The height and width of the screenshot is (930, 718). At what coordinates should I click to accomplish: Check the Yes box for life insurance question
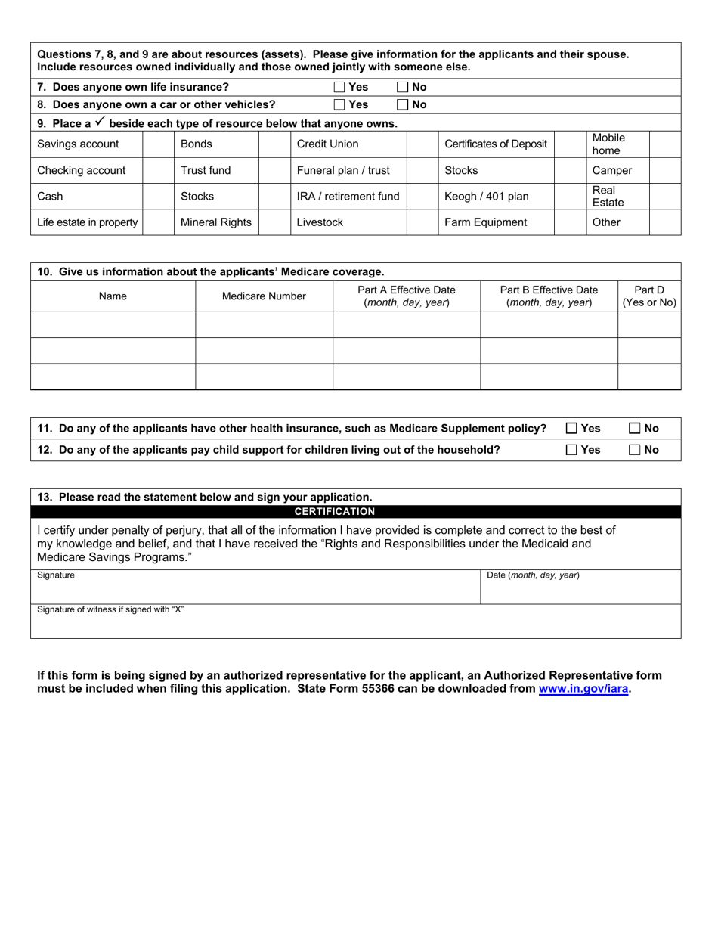[x=339, y=87]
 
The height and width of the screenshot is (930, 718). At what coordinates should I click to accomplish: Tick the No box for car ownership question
[x=403, y=105]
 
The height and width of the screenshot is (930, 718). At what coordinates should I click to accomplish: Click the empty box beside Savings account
[x=158, y=144]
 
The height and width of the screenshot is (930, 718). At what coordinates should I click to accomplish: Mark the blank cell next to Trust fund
[x=274, y=171]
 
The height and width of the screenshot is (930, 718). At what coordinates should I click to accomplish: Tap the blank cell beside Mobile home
[x=664, y=144]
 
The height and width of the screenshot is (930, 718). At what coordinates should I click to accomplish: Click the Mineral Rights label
[x=215, y=222]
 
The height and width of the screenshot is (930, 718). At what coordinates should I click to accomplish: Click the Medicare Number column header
[x=264, y=296]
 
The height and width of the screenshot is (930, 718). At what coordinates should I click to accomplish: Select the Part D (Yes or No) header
[x=648, y=296]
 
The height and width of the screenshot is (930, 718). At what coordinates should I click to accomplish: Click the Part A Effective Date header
[x=406, y=296]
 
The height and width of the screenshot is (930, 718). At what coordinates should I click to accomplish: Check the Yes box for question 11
[x=571, y=429]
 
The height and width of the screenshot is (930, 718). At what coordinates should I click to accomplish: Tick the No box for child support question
[x=635, y=450]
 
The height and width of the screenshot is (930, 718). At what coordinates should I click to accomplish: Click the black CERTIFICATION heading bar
[x=355, y=512]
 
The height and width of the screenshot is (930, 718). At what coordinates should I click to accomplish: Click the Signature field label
[x=56, y=575]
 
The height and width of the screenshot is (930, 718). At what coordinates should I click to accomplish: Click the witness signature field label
[x=110, y=609]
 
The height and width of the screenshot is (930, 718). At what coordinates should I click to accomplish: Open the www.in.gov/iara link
[x=583, y=689]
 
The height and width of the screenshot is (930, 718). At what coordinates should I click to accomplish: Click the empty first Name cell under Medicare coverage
[x=113, y=325]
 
